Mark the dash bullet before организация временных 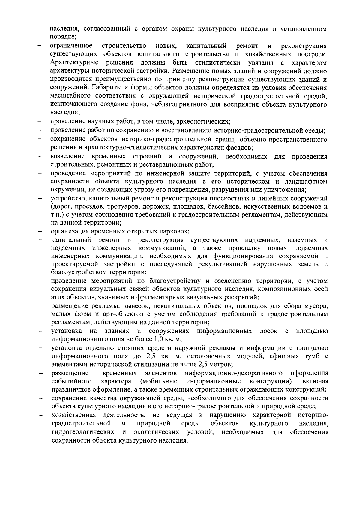(39, 231)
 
